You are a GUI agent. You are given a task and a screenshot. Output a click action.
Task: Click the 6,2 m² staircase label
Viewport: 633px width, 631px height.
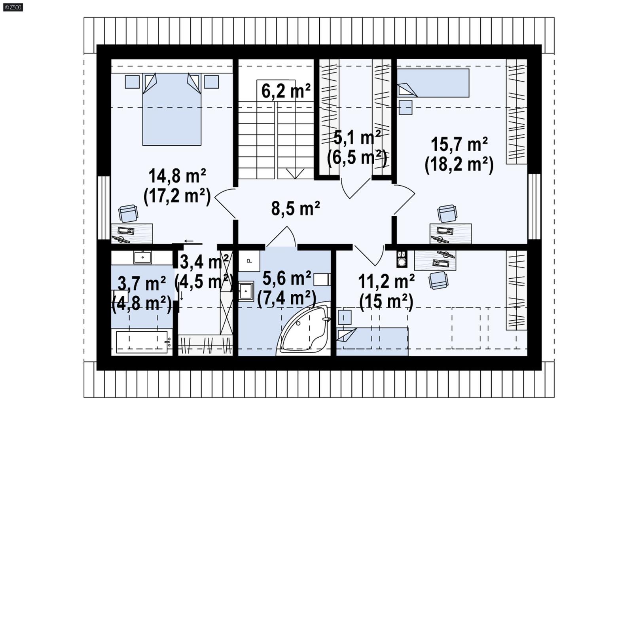[286, 91]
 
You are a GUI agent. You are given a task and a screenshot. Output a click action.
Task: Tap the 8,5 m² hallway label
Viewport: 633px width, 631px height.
[295, 209]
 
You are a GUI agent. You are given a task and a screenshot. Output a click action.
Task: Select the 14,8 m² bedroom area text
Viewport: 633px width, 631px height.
[177, 176]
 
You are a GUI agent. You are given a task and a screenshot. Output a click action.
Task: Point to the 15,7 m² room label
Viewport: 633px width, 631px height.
[459, 144]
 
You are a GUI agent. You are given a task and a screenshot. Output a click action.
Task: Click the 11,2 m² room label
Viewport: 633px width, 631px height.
[386, 282]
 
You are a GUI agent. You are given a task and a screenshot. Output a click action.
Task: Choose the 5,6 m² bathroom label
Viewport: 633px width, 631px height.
[286, 279]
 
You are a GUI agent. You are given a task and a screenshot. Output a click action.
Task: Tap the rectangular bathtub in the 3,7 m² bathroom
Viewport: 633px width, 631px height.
[142, 341]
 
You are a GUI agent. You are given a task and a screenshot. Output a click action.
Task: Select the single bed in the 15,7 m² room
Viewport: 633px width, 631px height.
[433, 83]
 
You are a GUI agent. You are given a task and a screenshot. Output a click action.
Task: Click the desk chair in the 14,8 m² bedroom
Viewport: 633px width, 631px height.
[129, 214]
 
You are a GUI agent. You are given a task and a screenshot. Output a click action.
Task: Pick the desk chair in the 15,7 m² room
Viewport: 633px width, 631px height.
[447, 214]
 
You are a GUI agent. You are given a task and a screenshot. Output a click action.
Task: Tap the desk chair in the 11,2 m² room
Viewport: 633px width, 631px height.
[438, 280]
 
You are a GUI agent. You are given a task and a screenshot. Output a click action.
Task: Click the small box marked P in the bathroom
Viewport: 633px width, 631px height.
[249, 260]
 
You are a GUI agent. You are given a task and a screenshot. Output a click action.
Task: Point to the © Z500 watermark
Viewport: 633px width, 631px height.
[13, 7]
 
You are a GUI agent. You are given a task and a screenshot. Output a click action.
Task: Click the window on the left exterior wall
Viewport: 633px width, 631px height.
[104, 208]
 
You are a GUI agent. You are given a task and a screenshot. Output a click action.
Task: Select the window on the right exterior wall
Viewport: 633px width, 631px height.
[534, 207]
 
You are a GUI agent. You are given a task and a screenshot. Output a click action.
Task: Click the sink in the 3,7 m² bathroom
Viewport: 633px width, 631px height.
[142, 257]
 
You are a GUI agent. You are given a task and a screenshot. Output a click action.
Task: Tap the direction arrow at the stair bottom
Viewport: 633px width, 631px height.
[295, 173]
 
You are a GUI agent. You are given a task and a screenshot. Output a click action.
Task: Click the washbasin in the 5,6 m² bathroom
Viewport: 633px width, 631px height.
[246, 292]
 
